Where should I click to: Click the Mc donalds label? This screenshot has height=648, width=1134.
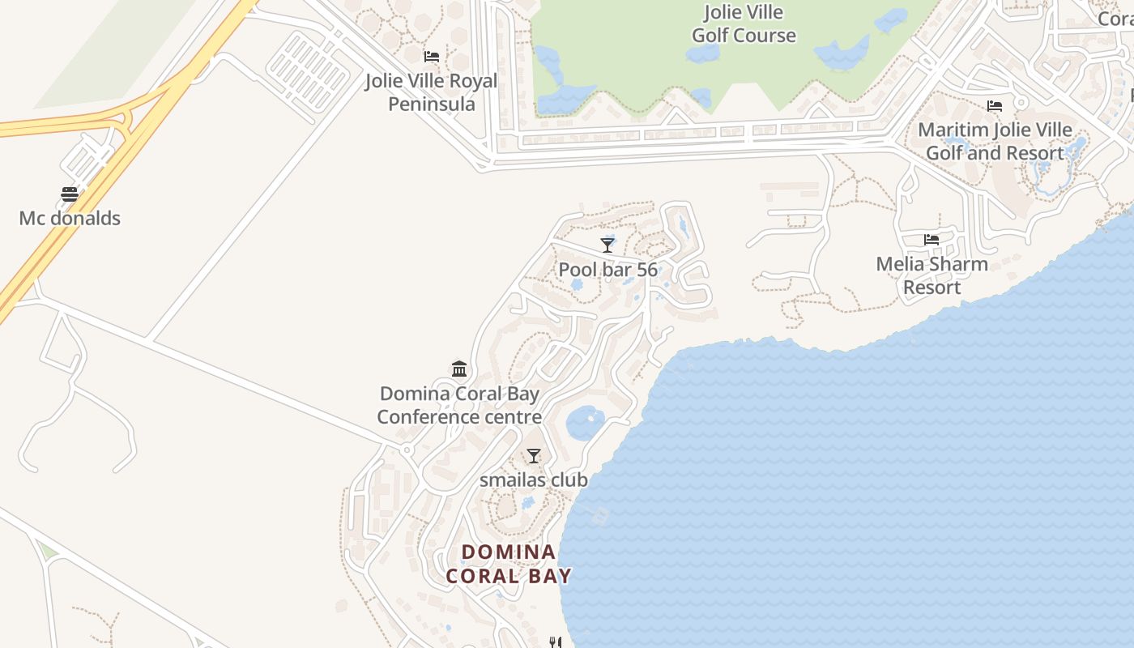pos(70,218)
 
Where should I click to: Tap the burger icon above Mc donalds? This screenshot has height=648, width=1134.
pos(70,194)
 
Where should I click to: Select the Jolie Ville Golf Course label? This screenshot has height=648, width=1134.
pos(744,24)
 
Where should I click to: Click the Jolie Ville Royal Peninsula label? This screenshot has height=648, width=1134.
pos(431,92)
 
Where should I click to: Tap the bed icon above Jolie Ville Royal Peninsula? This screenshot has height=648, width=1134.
pos(432,57)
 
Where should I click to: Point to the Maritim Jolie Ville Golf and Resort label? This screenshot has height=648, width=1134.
pos(995,141)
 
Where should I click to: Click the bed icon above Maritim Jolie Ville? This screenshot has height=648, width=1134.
pos(995,106)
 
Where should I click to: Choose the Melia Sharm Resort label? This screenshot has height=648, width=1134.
pos(932,275)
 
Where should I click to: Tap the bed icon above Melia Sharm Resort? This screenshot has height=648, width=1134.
pos(932,240)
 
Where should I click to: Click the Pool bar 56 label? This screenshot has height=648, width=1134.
pos(607,270)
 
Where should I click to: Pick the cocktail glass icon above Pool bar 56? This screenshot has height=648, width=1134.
pos(607,245)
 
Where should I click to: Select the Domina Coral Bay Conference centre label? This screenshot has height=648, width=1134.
pos(459,405)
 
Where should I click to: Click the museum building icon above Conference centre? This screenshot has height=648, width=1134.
pos(459,369)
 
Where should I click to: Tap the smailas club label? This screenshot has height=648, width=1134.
pos(533,480)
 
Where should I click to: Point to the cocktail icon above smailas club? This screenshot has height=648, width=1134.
pos(533,456)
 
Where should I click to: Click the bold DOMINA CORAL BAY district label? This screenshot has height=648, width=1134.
pos(509,564)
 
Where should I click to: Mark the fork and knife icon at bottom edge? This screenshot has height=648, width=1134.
pos(555,642)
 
